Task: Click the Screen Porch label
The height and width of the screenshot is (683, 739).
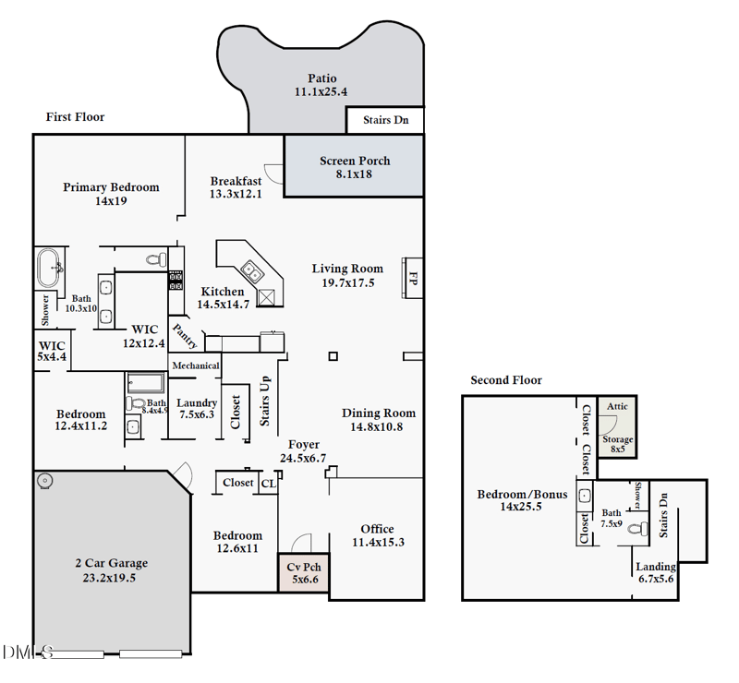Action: pyautogui.click(x=355, y=162)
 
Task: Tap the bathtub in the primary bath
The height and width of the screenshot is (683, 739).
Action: pyautogui.click(x=48, y=268)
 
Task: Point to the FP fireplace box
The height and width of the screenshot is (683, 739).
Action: pyautogui.click(x=412, y=278)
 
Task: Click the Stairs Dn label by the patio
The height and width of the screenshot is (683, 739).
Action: pyautogui.click(x=385, y=120)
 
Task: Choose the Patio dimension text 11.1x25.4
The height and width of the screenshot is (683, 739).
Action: pyautogui.click(x=321, y=92)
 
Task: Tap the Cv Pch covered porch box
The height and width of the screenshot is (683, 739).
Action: pyautogui.click(x=304, y=572)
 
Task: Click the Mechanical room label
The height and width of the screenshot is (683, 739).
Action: pyautogui.click(x=196, y=365)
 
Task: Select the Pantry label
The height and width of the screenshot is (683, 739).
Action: pyautogui.click(x=185, y=336)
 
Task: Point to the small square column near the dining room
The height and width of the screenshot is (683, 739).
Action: pyautogui.click(x=333, y=356)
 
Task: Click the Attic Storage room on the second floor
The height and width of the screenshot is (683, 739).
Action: pyautogui.click(x=617, y=426)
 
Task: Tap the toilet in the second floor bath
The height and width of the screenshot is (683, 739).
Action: pyautogui.click(x=638, y=529)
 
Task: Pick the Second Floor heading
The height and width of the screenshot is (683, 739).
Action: pyautogui.click(x=506, y=380)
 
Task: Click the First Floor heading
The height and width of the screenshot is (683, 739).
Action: pyautogui.click(x=76, y=117)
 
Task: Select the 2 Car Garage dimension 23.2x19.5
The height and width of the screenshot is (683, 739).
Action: pyautogui.click(x=109, y=578)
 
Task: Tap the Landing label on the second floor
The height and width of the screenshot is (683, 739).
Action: pyautogui.click(x=656, y=567)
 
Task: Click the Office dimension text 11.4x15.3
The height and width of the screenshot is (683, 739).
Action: pyautogui.click(x=378, y=542)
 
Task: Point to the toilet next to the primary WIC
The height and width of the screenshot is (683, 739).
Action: pyautogui.click(x=156, y=259)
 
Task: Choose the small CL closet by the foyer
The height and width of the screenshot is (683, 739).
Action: pyautogui.click(x=269, y=484)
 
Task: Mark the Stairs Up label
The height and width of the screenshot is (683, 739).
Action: pyautogui.click(x=265, y=401)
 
